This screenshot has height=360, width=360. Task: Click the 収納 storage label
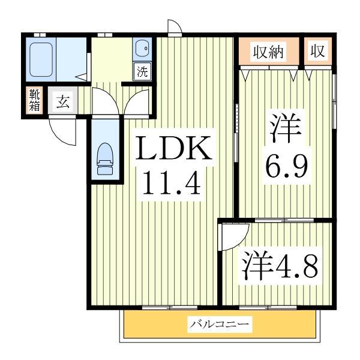click(267, 52)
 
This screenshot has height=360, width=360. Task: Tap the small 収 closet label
click(317, 52)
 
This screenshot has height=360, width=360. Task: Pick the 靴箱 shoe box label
click(33, 101)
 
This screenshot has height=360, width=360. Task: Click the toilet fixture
click(105, 157)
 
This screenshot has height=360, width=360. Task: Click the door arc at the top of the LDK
click(174, 27)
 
